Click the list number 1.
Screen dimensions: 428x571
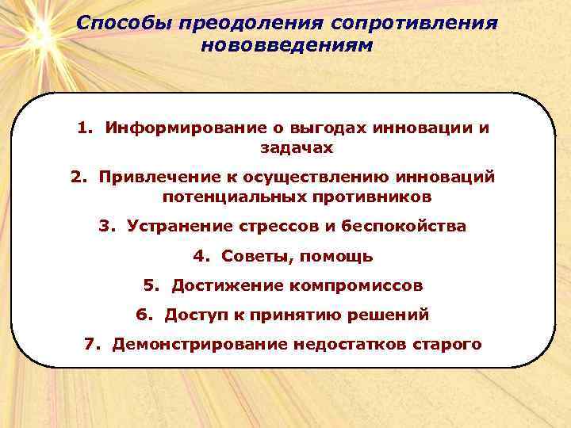(x=83, y=128)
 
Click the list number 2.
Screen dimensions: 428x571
(x=77, y=176)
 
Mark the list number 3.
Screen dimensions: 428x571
(x=105, y=226)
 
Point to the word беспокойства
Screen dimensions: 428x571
(x=404, y=226)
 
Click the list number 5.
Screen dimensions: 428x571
(x=149, y=285)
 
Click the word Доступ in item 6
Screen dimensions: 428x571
(x=191, y=315)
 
